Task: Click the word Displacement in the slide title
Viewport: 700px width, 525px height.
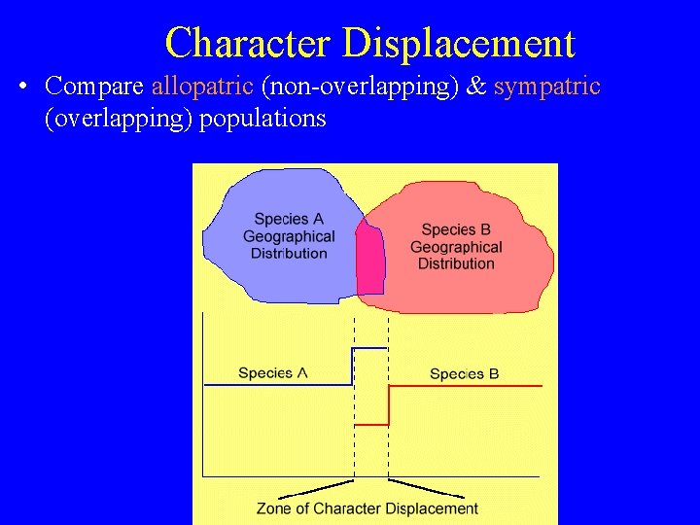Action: [x=459, y=43]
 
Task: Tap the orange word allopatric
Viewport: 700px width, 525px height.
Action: [x=202, y=86]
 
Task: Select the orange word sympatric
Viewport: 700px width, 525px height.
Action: [x=547, y=86]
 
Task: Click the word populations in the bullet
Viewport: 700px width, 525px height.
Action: [x=262, y=119]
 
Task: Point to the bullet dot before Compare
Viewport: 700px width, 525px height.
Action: [x=22, y=87]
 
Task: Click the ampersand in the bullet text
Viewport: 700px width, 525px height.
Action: [x=476, y=86]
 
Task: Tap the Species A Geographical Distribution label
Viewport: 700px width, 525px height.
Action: [x=288, y=236]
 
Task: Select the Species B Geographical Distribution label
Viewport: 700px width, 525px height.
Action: [x=456, y=247]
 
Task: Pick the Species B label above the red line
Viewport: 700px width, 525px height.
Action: [x=464, y=373]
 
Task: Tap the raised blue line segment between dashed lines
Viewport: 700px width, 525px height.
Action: [x=369, y=347]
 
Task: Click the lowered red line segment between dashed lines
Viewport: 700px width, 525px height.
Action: [x=371, y=425]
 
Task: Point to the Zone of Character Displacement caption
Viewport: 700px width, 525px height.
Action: [x=367, y=507]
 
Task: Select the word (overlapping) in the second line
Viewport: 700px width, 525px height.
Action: [x=119, y=119]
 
